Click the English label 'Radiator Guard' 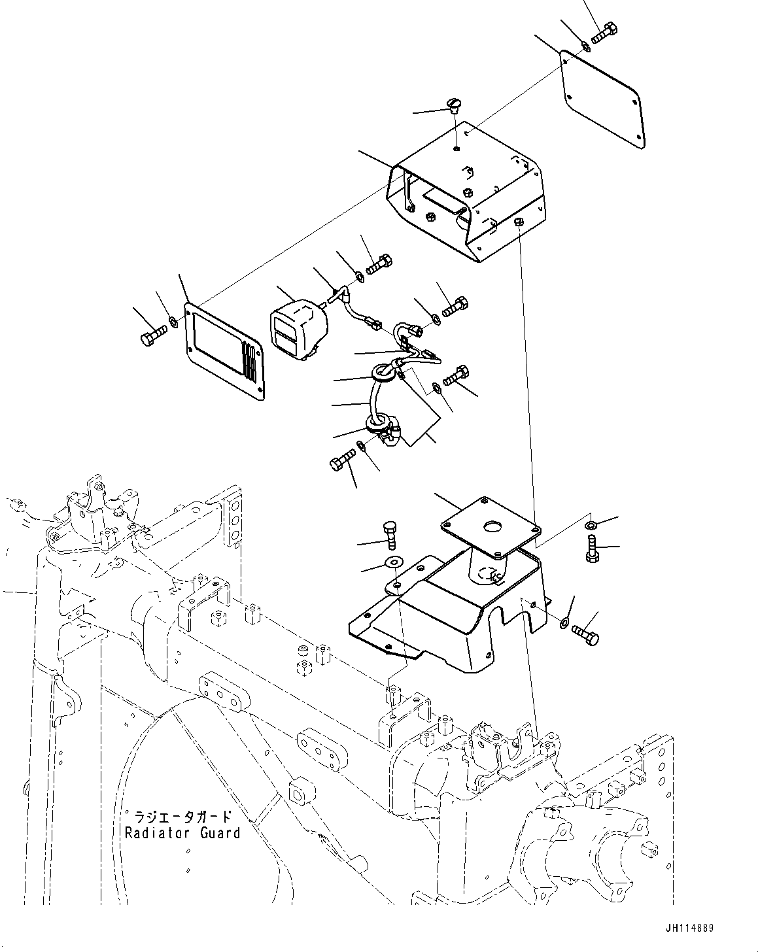pos(182,833)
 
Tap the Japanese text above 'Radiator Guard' pos(182,817)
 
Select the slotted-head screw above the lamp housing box pos(455,105)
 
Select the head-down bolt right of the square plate pos(591,548)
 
